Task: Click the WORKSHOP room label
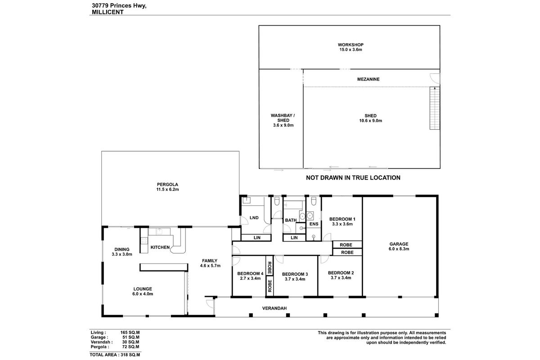point(351,45)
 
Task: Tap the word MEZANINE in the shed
point(368,79)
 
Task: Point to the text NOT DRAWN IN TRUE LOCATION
point(353,178)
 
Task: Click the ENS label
point(314,224)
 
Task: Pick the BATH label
point(290,220)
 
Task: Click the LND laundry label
point(254,218)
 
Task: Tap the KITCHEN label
point(160,247)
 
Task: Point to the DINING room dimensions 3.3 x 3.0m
point(121,254)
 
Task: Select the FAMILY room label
point(210,261)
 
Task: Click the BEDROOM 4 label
point(250,274)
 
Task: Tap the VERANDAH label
point(274,308)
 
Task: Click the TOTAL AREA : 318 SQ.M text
point(115,355)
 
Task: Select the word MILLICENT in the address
point(107,13)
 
